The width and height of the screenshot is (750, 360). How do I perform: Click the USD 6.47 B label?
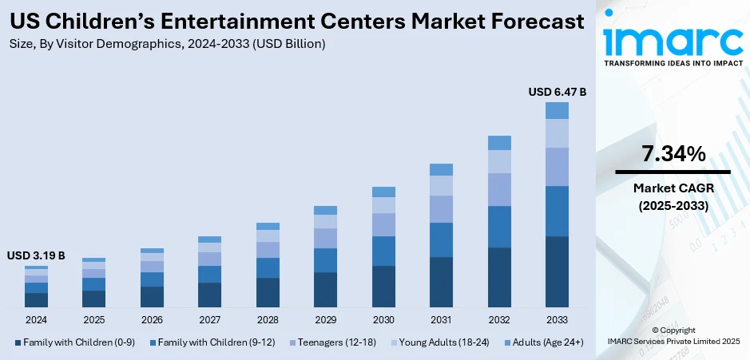pyautogui.click(x=557, y=93)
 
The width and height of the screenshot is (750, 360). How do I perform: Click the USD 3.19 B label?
pyautogui.click(x=36, y=256)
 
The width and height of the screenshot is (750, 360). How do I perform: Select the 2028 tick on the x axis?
pyautogui.click(x=268, y=319)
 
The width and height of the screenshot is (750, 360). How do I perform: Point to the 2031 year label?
pyautogui.click(x=441, y=319)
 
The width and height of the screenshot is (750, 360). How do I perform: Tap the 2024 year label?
pyautogui.click(x=36, y=319)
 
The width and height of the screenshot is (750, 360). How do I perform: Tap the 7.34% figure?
pyautogui.click(x=673, y=154)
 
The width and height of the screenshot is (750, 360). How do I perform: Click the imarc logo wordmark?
pyautogui.click(x=673, y=38)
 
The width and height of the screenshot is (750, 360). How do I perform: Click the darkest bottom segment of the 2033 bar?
pyautogui.click(x=557, y=271)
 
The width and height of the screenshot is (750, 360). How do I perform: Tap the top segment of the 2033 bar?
pyautogui.click(x=557, y=110)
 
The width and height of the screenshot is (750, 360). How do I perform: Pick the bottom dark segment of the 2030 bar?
pyautogui.click(x=383, y=287)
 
